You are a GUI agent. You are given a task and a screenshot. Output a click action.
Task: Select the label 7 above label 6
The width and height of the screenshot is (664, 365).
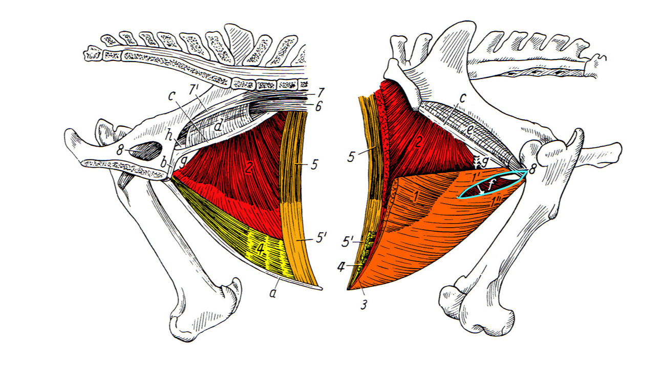tap(320, 93)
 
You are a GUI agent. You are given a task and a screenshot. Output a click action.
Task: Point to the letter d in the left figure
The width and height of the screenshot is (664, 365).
tap(219, 125)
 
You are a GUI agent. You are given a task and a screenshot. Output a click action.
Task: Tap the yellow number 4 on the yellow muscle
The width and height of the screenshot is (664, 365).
tap(261, 249)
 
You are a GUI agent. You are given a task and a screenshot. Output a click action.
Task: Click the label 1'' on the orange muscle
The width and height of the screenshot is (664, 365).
tap(495, 204)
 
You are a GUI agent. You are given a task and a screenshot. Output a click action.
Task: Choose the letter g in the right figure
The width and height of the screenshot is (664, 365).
tap(484, 162)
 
